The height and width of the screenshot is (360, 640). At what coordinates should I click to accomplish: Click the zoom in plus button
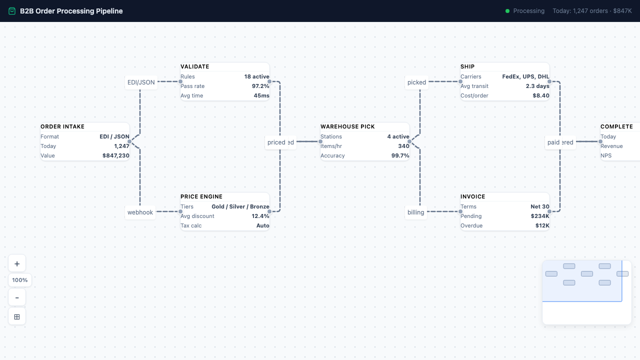tap(17, 263)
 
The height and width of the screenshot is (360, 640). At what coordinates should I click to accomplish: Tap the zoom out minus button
tap(17, 297)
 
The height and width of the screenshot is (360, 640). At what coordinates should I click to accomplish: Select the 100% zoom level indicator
tap(20, 280)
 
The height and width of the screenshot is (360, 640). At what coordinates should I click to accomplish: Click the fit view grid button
tap(17, 316)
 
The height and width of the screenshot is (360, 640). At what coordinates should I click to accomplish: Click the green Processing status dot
tap(507, 11)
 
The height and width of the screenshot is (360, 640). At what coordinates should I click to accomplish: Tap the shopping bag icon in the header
tap(12, 11)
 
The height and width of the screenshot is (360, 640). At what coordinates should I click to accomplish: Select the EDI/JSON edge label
tap(141, 82)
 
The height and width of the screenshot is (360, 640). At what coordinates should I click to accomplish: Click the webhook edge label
tap(140, 212)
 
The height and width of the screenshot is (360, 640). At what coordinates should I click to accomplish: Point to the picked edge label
tap(416, 82)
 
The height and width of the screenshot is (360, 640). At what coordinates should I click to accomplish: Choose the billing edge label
tap(415, 212)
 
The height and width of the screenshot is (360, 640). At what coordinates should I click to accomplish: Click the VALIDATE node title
tap(195, 66)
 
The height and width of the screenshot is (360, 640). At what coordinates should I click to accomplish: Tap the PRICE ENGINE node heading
tap(201, 196)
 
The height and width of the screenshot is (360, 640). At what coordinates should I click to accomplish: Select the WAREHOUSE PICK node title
tap(347, 126)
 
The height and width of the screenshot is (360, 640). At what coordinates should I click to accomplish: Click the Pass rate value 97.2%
tap(260, 86)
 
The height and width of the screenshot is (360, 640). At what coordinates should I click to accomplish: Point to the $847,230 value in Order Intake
tap(116, 155)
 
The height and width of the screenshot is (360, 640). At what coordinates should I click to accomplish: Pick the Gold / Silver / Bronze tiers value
tap(240, 206)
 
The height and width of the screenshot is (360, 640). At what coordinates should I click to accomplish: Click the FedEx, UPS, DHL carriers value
tap(525, 76)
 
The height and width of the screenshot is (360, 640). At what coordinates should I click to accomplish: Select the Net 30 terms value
tap(540, 206)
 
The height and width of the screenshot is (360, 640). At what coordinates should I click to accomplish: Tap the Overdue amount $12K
tap(542, 225)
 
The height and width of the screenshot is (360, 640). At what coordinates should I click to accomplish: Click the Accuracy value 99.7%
tap(400, 155)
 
